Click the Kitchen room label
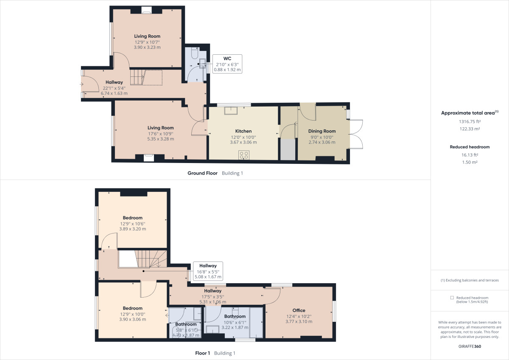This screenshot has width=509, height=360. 243,131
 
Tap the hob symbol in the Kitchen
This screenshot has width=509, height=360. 244,155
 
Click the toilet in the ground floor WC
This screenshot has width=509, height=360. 194,53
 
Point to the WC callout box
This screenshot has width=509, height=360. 227,64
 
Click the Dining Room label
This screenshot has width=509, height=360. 322,131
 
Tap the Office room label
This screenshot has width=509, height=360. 299,310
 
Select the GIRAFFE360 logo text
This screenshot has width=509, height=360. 470,346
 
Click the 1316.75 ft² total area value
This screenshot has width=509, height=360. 470,121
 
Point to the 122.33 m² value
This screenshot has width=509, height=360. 470,129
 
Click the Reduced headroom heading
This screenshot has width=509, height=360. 470,147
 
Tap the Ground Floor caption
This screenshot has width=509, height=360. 203,173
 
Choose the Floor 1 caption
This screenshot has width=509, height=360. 203,353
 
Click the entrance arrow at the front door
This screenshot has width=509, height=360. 81,84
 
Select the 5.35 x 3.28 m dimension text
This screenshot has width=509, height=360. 160,139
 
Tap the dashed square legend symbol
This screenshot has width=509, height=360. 452,298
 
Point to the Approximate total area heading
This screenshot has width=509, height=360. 470,113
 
